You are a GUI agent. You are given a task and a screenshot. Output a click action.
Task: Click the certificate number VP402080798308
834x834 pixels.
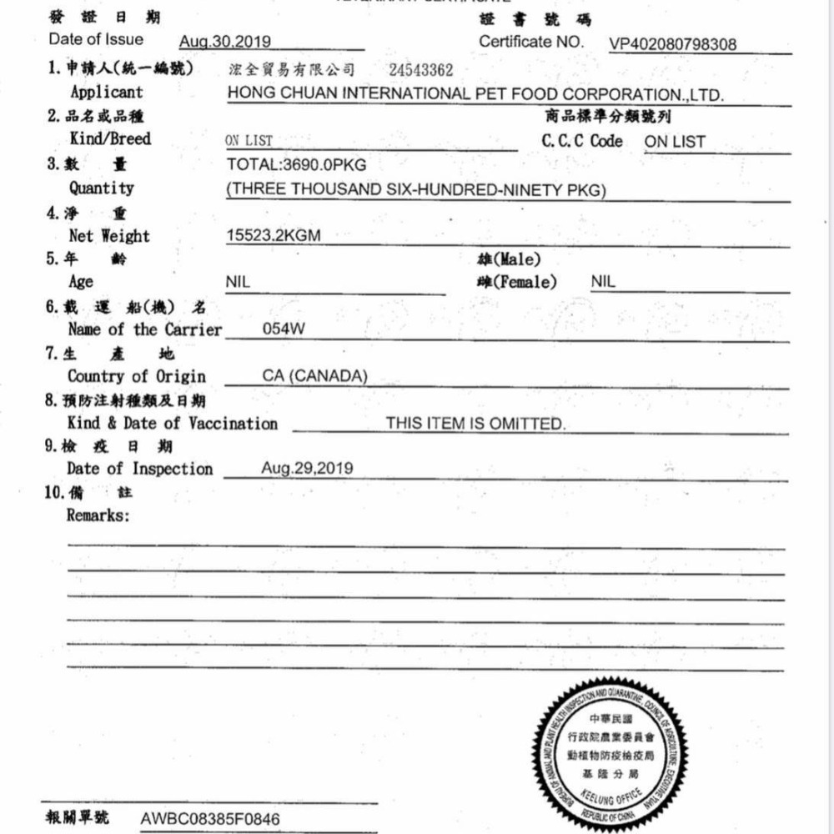click(673, 44)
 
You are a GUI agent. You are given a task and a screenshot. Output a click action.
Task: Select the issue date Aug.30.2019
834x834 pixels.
click(225, 42)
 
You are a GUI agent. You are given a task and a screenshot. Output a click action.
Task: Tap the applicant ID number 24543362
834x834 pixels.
click(421, 70)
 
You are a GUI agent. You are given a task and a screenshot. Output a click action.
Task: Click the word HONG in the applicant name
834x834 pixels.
click(249, 93)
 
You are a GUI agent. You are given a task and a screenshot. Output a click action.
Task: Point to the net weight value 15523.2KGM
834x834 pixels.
click(273, 236)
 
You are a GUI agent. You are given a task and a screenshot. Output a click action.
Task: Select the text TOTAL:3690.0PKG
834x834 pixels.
click(296, 164)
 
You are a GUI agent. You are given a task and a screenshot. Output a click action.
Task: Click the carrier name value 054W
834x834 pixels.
click(284, 329)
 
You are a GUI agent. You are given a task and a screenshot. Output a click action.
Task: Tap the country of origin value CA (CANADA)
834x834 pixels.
click(314, 376)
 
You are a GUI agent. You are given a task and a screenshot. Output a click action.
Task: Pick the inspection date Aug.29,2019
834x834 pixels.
click(307, 468)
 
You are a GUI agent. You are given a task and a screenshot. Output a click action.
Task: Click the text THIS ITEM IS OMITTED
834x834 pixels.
click(475, 424)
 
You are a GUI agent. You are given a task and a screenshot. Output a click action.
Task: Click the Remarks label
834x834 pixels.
click(98, 515)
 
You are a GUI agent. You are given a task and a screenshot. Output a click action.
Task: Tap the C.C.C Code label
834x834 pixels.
click(582, 141)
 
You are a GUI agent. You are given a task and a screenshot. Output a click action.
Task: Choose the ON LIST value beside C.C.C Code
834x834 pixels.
click(675, 142)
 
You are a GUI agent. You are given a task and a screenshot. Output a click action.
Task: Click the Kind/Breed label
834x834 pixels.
click(110, 138)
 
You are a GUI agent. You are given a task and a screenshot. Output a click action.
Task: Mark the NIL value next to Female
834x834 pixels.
click(603, 282)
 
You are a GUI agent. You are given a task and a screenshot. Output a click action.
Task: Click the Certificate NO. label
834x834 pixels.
click(532, 41)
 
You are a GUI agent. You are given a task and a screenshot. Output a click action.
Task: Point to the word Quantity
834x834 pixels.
click(101, 188)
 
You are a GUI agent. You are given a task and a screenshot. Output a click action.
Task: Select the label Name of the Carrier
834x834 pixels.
click(145, 329)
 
